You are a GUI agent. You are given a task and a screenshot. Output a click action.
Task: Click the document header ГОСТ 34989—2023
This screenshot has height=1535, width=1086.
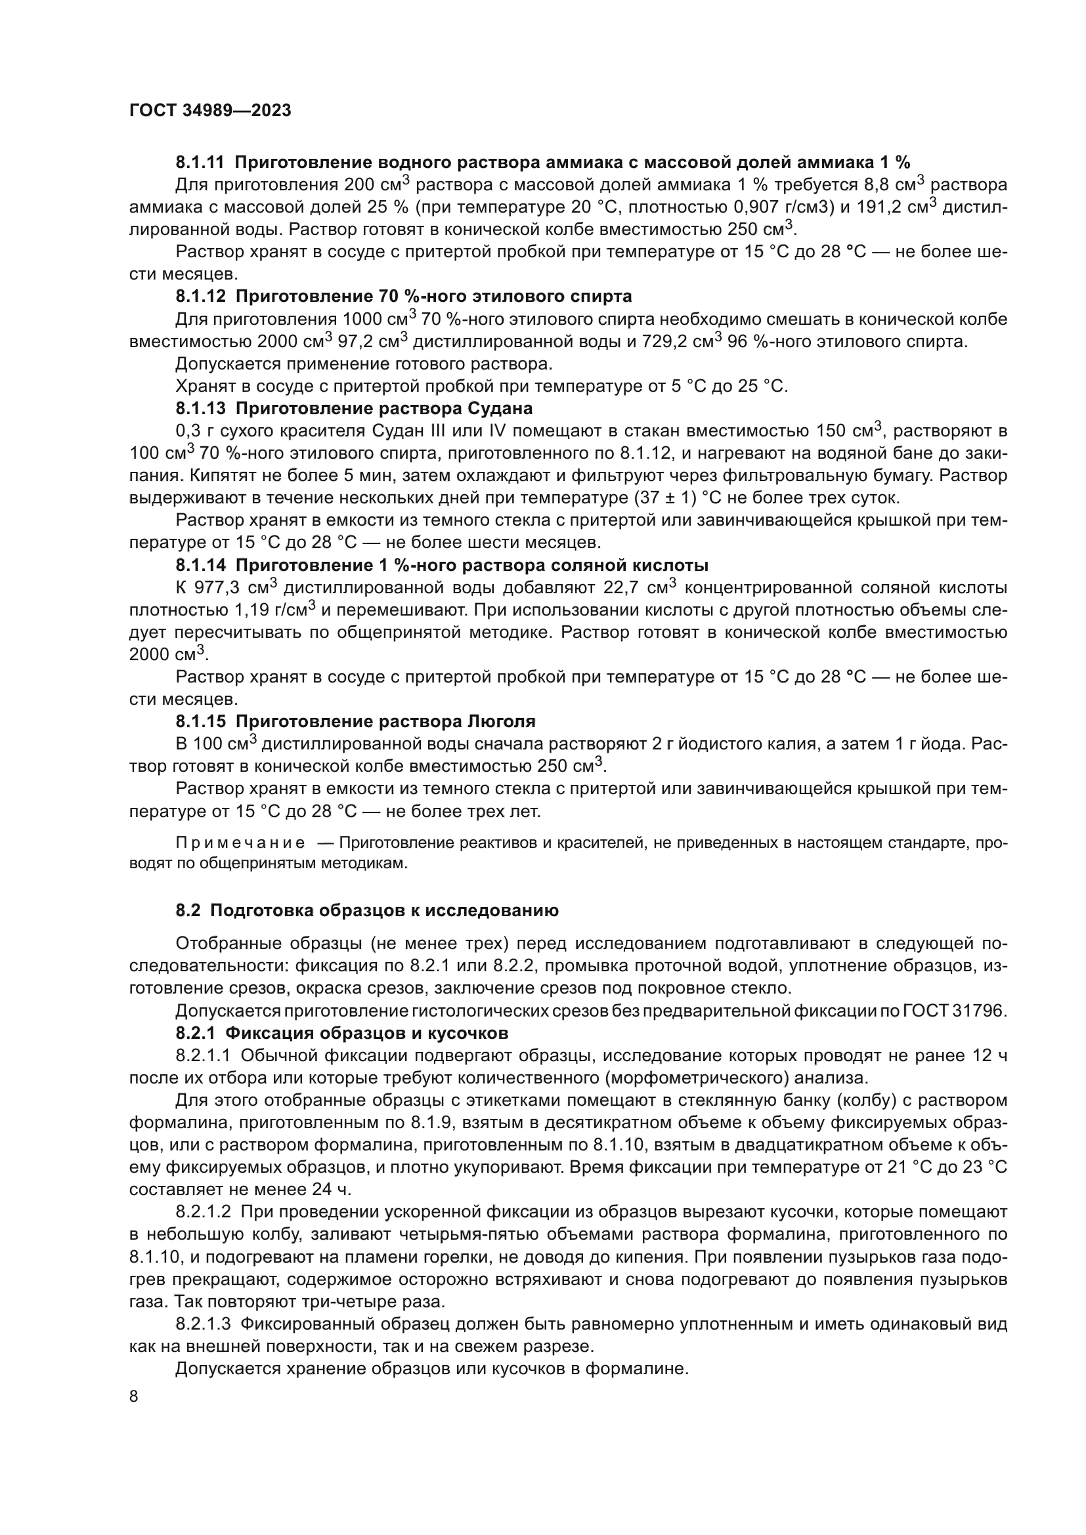pos(210,111)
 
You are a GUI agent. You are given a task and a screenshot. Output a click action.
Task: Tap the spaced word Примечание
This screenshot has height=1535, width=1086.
pos(240,843)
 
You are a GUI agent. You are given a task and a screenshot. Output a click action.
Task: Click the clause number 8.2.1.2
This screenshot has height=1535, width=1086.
pos(204,1211)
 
